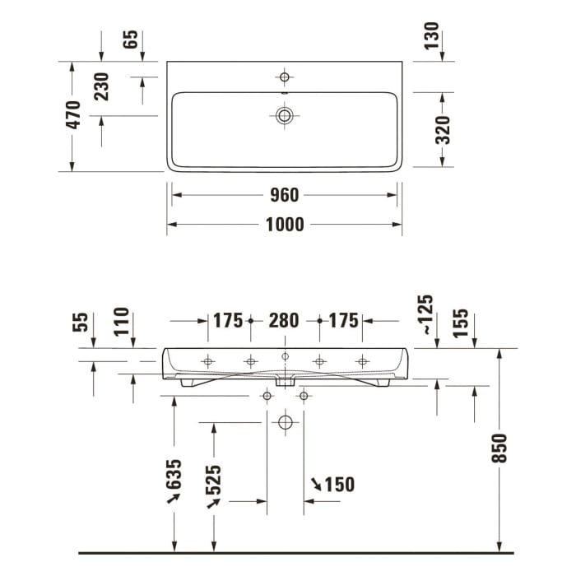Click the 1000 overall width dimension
pos(284,224)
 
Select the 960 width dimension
pos(284,195)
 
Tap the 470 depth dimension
pos(73,116)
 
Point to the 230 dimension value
pos(100,86)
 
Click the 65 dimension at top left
pos(131,39)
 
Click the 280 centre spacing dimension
pos(284,320)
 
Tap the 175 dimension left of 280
pos(228,320)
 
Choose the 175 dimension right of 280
pos(344,320)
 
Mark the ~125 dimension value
pos(425,314)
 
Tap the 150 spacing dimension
pos(339,485)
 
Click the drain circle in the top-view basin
pos(285,115)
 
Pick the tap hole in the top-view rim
pos(285,77)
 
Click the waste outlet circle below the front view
pos(285,423)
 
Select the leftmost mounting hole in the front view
pos(207,361)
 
